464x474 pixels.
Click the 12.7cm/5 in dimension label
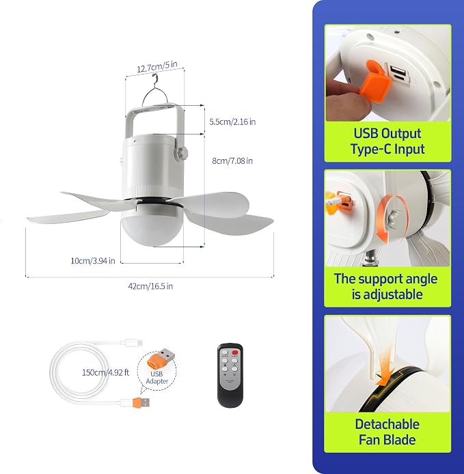pyautogui.click(x=157, y=66)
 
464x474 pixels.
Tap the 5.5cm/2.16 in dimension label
pyautogui.click(x=232, y=122)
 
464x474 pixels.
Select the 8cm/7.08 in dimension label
pyautogui.click(x=232, y=161)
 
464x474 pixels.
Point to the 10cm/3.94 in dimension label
pyautogui.click(x=93, y=261)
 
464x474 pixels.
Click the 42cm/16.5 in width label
pyautogui.click(x=150, y=286)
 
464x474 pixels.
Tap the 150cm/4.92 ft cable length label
pyautogui.click(x=105, y=372)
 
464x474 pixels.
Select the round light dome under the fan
pyautogui.click(x=152, y=229)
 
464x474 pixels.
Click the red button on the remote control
pyautogui.click(x=235, y=352)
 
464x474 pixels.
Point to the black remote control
pyautogui.click(x=230, y=375)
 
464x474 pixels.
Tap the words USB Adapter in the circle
pyautogui.click(x=157, y=378)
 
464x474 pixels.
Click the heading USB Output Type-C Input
pyautogui.click(x=387, y=141)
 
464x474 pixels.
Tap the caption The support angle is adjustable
pyautogui.click(x=386, y=287)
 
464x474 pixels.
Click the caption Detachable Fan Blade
pyautogui.click(x=387, y=432)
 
